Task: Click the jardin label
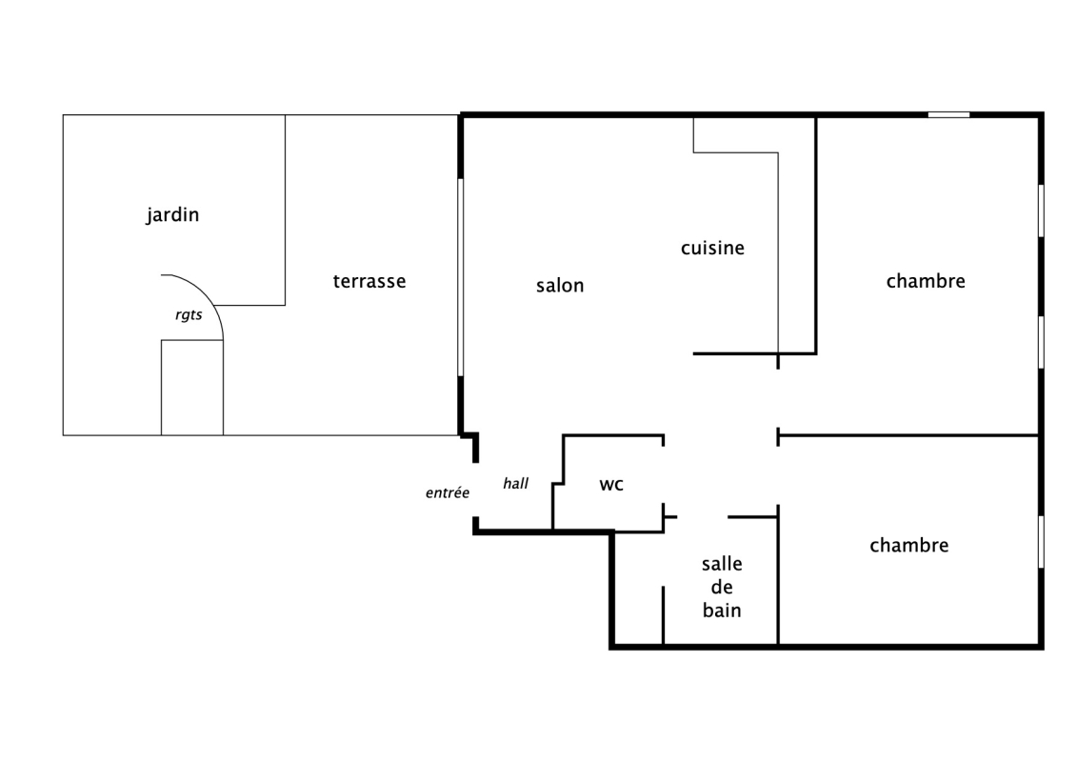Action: tap(172, 215)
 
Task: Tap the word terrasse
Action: tap(369, 281)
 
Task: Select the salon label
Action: tap(560, 285)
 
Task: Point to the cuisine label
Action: tap(712, 248)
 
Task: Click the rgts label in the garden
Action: tap(189, 314)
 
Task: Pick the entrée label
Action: tap(448, 492)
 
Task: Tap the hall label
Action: tap(516, 483)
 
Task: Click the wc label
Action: tap(611, 485)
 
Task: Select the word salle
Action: tap(722, 564)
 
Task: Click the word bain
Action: tap(722, 611)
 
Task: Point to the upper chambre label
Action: tap(926, 280)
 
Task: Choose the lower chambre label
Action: tap(909, 545)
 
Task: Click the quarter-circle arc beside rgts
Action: tap(205, 292)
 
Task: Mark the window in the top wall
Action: tap(948, 114)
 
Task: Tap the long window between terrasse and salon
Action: tap(460, 277)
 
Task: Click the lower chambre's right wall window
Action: tap(1041, 542)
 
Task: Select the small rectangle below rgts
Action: tap(192, 388)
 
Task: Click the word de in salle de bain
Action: tap(722, 588)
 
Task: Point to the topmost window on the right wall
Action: tap(1041, 211)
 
